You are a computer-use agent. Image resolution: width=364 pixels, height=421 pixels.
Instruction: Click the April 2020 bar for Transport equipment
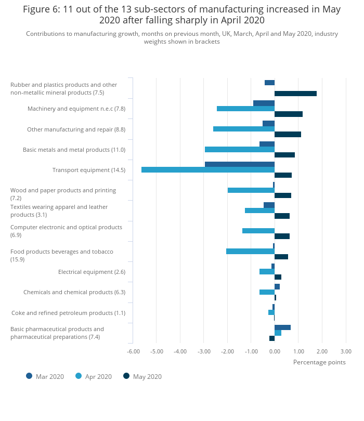[208, 169]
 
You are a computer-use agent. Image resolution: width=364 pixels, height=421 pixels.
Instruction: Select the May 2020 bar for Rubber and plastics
[295, 94]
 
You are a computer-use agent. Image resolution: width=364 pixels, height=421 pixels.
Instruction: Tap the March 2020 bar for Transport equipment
[240, 164]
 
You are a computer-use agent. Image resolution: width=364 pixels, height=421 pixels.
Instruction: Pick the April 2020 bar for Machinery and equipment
[245, 109]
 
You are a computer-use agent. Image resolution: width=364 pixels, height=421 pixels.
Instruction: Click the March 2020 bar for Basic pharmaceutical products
[282, 327]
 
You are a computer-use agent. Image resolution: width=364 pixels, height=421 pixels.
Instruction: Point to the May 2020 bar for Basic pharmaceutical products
[272, 338]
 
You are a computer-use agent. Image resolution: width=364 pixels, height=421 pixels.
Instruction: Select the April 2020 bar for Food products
[250, 252]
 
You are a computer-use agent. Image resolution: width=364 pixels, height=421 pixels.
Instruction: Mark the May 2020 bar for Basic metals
[284, 155]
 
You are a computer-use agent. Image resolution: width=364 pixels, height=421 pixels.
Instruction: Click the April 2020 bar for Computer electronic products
[258, 231]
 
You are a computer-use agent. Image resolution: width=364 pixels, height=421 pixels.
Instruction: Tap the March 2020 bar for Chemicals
[277, 287]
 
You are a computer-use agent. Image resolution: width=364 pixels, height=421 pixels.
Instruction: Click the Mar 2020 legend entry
[45, 376]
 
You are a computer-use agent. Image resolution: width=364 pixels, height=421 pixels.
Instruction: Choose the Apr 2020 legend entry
[94, 376]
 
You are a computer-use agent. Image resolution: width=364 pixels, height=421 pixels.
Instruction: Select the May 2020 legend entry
[142, 376]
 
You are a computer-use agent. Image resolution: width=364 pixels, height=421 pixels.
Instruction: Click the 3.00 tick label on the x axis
[346, 351]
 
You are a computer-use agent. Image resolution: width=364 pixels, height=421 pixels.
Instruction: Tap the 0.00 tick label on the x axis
[275, 351]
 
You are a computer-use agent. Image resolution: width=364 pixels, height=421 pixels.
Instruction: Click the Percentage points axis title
[319, 362]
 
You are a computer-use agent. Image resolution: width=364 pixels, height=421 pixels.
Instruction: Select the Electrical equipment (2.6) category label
[92, 272]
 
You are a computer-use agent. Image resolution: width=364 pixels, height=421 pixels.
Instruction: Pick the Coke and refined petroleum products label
[69, 313]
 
